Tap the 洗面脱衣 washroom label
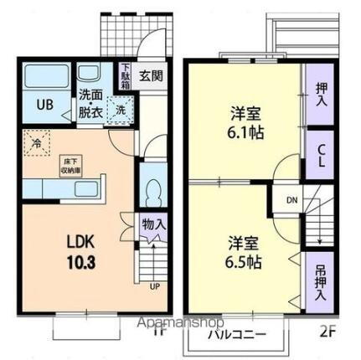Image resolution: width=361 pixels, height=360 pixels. tap(90, 101)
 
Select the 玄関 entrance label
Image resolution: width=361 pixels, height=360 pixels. tap(152, 74)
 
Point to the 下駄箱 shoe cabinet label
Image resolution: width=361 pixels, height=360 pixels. tap(124, 76)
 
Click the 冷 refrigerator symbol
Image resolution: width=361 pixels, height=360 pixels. tap(37, 142)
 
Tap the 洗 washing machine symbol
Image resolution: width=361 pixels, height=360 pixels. tap(121, 110)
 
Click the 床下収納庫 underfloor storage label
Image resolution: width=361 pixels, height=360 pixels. tap(71, 162)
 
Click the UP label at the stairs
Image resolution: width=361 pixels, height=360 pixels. tap(154, 287)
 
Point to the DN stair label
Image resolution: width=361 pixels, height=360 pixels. tap(291, 201)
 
